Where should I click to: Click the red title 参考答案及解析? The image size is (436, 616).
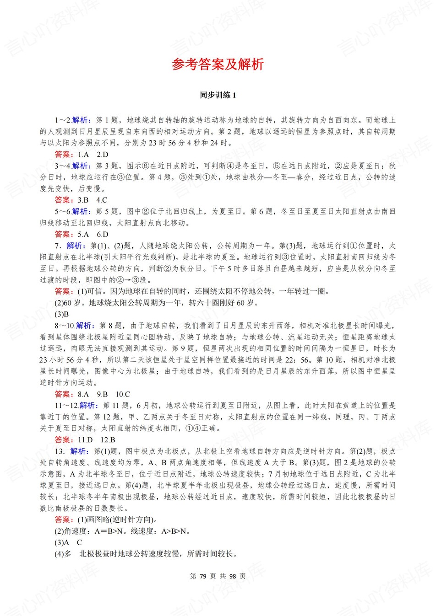tap(218, 64)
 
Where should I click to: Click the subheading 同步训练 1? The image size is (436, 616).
tap(218, 95)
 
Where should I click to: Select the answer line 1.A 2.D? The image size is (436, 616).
tap(82, 155)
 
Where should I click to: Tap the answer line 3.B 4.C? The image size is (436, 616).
tap(81, 200)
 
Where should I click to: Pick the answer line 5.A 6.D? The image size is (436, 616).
tap(82, 234)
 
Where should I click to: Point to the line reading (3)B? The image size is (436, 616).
tap(62, 314)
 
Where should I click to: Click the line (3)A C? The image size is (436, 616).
tap(68, 542)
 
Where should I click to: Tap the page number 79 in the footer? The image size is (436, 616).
tap(204, 576)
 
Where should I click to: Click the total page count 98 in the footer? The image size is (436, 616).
tap(233, 576)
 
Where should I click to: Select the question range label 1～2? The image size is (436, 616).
tap(63, 120)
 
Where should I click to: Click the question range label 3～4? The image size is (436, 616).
tap(63, 166)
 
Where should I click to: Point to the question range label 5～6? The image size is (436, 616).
tap(63, 211)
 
